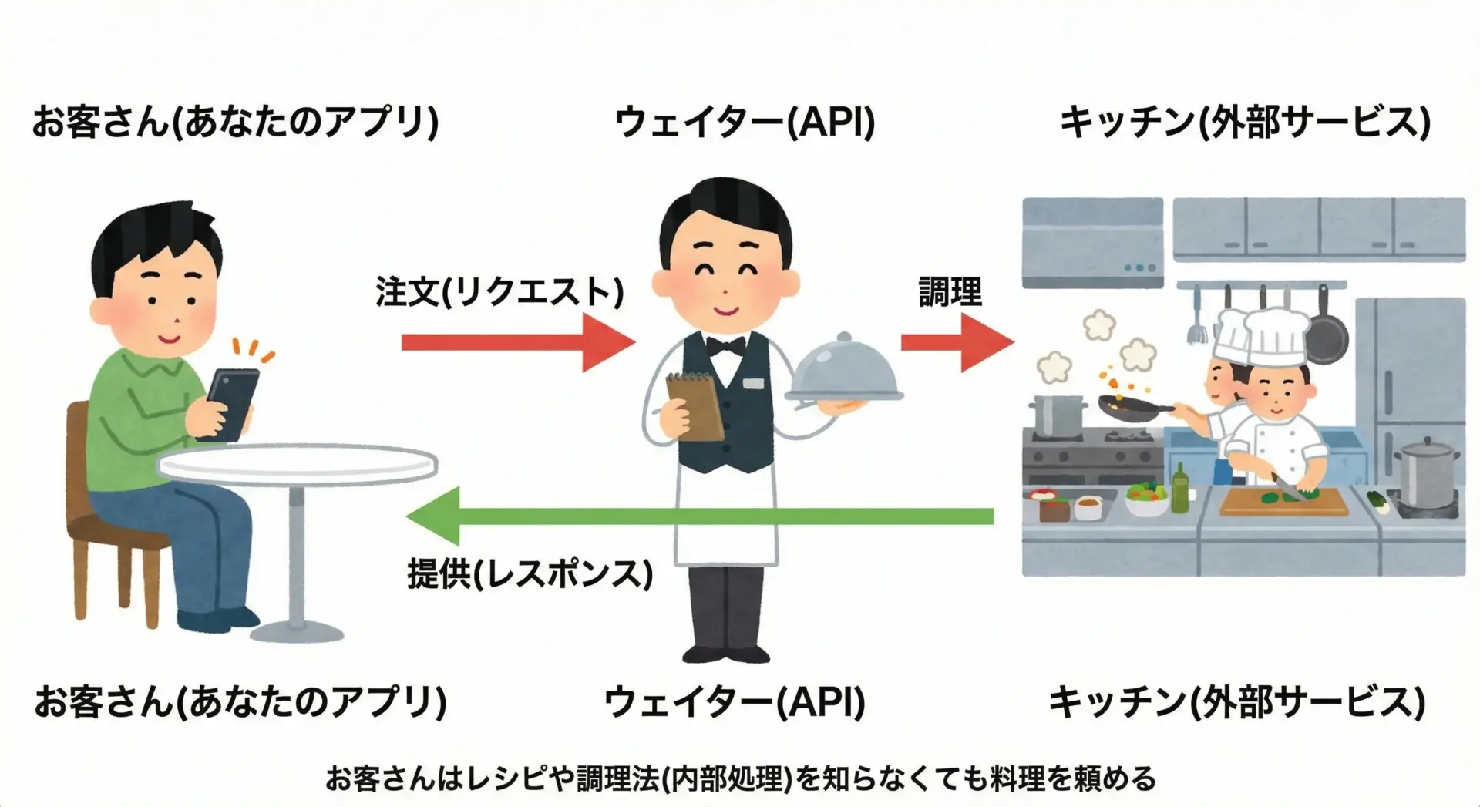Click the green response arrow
click(694, 516)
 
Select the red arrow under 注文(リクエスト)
click(516, 342)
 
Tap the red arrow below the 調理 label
click(956, 342)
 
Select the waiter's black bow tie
click(726, 346)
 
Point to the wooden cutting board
click(1283, 503)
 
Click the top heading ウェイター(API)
click(745, 123)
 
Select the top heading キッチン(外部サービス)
click(1245, 123)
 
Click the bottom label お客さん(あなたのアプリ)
click(240, 702)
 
